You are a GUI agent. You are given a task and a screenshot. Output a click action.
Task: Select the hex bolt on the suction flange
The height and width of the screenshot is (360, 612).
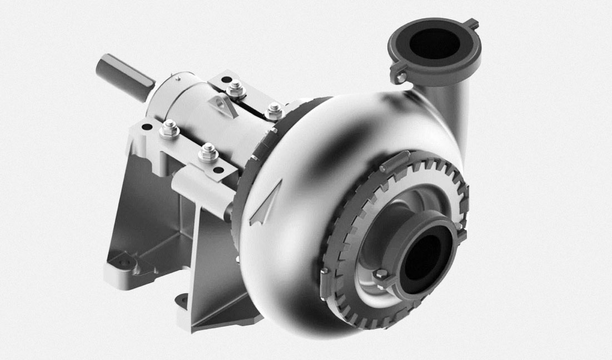381,274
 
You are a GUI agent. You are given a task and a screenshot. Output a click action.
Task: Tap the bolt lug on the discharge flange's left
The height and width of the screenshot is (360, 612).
400,76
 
